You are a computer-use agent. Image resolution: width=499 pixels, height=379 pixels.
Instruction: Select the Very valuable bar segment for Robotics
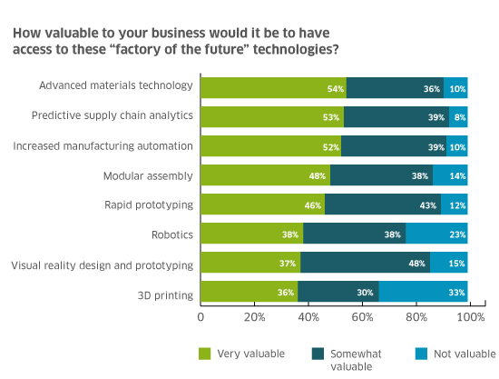click(x=252, y=234)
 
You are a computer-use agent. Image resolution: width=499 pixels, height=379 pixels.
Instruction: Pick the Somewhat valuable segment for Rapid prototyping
click(x=383, y=204)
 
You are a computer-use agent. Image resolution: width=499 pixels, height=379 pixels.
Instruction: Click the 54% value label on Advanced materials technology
click(x=336, y=89)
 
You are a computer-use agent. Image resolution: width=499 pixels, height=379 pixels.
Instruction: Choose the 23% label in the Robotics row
click(x=458, y=234)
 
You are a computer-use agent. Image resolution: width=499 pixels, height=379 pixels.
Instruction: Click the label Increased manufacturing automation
click(x=113, y=145)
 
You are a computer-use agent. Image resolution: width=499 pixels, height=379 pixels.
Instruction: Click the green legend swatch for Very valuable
click(x=205, y=352)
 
